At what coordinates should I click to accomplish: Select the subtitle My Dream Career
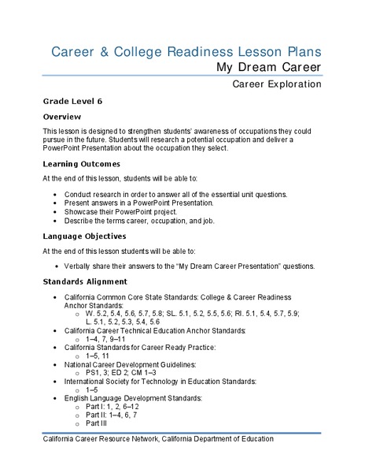coord(269,68)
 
